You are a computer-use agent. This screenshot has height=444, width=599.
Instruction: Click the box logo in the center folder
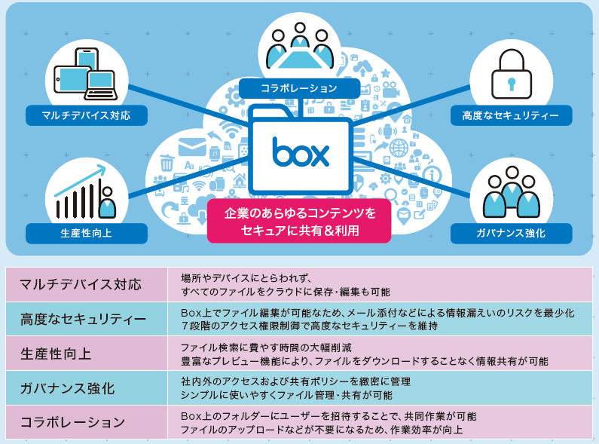pos(301,152)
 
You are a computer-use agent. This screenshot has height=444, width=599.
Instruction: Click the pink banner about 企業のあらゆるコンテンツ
pos(299,221)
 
